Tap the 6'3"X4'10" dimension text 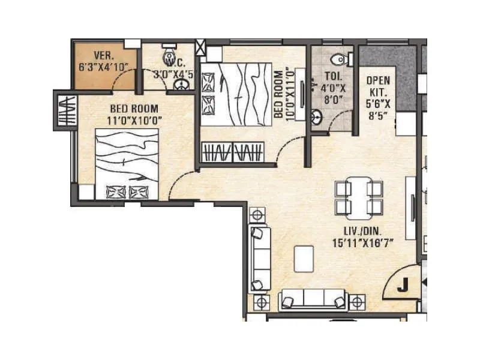(103, 67)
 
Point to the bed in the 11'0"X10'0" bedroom (127, 166)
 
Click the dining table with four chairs (358, 197)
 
